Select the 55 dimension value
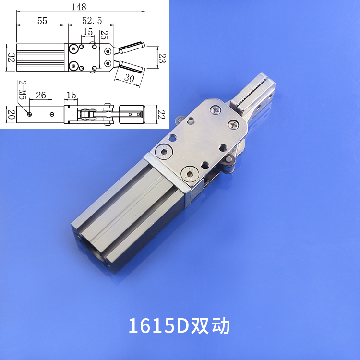(x=42, y=21)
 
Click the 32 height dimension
(x=10, y=59)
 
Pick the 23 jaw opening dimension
(x=161, y=58)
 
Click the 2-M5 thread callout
(x=22, y=90)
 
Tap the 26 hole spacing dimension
(x=41, y=95)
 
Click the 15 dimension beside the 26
(x=71, y=95)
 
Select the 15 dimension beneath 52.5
(x=87, y=32)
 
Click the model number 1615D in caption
(x=159, y=326)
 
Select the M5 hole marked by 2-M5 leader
(x=30, y=114)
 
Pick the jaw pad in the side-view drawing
(x=131, y=114)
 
